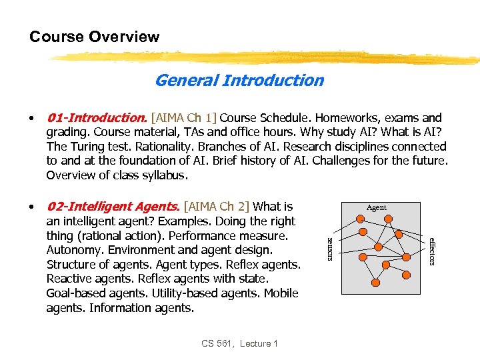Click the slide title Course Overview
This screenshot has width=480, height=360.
94,37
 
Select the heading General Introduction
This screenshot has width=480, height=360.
239,81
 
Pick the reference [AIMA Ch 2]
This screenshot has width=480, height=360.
217,207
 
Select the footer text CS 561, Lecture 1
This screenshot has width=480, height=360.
239,343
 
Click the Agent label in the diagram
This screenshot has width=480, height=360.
377,207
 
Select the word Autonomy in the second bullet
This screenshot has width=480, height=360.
73,250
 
